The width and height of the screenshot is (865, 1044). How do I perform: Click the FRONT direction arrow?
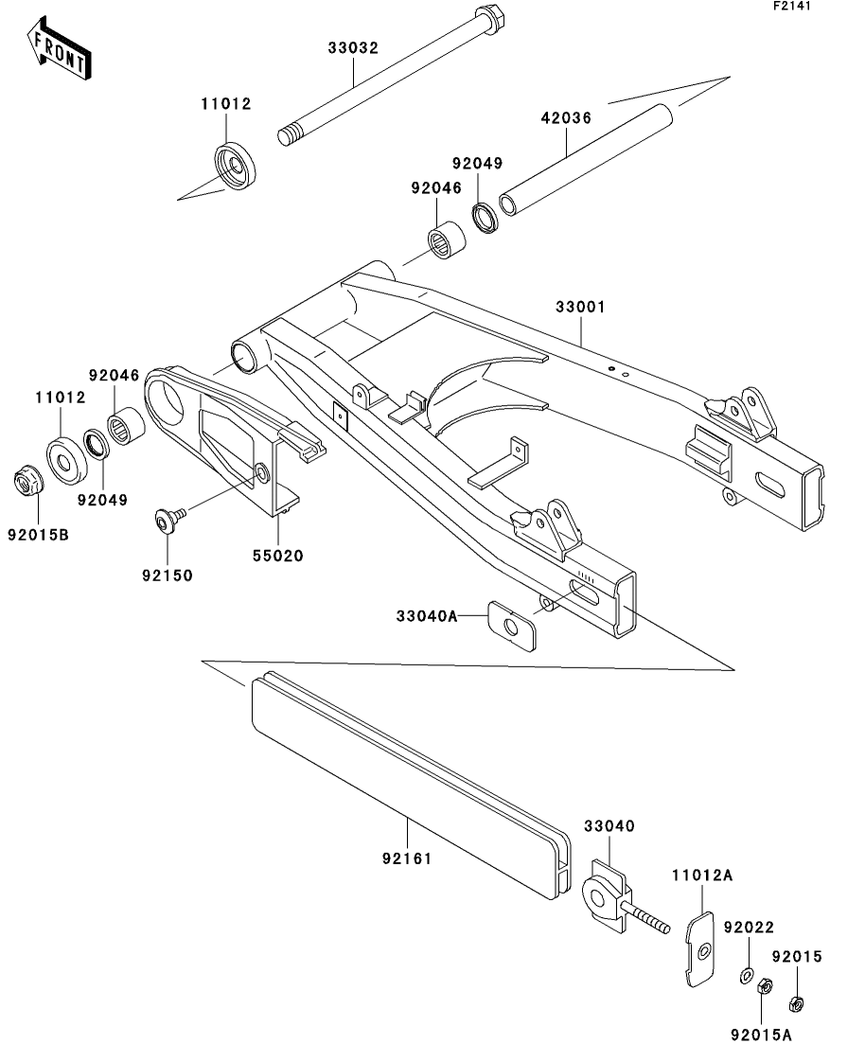pyautogui.click(x=59, y=49)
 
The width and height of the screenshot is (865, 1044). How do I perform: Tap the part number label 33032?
pyautogui.click(x=353, y=48)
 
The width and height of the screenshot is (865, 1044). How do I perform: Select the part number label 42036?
pyautogui.click(x=566, y=118)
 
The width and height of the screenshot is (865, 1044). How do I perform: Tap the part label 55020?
pyautogui.click(x=277, y=556)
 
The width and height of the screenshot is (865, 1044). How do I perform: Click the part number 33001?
pyautogui.click(x=581, y=307)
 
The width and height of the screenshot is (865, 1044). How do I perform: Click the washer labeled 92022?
pyautogui.click(x=747, y=977)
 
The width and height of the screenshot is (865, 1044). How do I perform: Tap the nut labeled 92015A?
pyautogui.click(x=766, y=986)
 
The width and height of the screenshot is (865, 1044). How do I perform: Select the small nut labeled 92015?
pyautogui.click(x=796, y=1002)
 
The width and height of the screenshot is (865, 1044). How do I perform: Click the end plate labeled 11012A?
pyautogui.click(x=700, y=948)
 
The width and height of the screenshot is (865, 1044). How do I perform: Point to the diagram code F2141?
pyautogui.click(x=792, y=6)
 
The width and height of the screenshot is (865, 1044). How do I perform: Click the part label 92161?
pyautogui.click(x=407, y=858)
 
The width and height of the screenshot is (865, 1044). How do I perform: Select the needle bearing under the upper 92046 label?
pyautogui.click(x=446, y=240)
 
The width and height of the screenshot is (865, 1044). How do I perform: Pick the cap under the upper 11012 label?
pyautogui.click(x=236, y=165)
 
